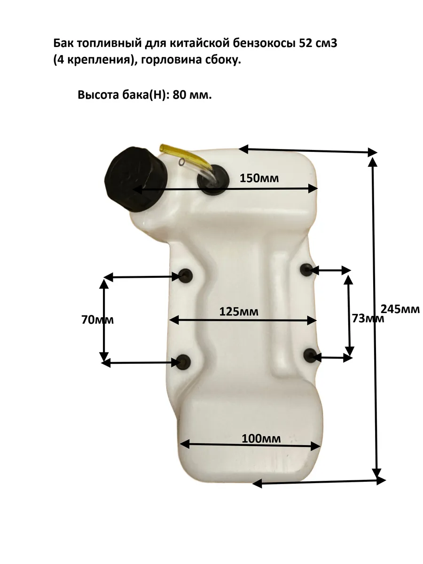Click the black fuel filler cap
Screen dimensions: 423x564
pos(136,180)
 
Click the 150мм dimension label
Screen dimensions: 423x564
pos(259,178)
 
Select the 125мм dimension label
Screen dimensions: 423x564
pos(239,312)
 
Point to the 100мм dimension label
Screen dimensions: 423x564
pos(261,439)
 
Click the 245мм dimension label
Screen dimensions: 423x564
pos(400,309)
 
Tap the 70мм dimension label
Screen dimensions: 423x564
pos(98,320)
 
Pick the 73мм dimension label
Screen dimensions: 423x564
pos(368,318)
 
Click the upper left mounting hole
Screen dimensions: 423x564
pos(186,275)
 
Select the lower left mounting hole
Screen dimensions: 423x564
pos(184,361)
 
